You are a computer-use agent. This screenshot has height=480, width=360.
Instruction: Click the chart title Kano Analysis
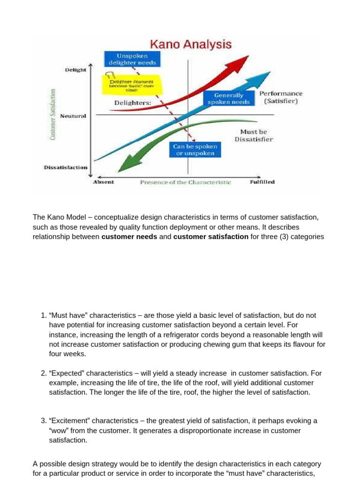click(190, 45)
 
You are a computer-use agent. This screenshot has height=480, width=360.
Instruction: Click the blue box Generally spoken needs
click(229, 98)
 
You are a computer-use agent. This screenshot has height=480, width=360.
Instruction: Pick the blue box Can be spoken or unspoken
click(194, 150)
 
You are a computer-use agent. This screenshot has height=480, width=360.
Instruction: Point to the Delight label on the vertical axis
click(75, 70)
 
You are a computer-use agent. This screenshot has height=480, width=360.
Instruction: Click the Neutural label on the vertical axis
click(73, 116)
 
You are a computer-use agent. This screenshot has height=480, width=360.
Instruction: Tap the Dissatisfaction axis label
click(66, 167)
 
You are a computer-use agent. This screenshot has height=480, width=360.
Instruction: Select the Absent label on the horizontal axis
click(103, 182)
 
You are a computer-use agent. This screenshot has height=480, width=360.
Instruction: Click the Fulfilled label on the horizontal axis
click(262, 182)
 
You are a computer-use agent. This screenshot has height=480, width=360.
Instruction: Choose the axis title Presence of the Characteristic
click(186, 182)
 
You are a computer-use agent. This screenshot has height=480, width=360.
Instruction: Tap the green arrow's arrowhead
click(126, 164)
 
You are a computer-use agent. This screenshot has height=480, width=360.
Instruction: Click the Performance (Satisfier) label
click(281, 97)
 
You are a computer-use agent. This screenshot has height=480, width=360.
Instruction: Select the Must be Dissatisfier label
click(253, 135)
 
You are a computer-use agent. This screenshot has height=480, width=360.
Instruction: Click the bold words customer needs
click(130, 237)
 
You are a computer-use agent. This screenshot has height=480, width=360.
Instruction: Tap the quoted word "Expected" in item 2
click(67, 373)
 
